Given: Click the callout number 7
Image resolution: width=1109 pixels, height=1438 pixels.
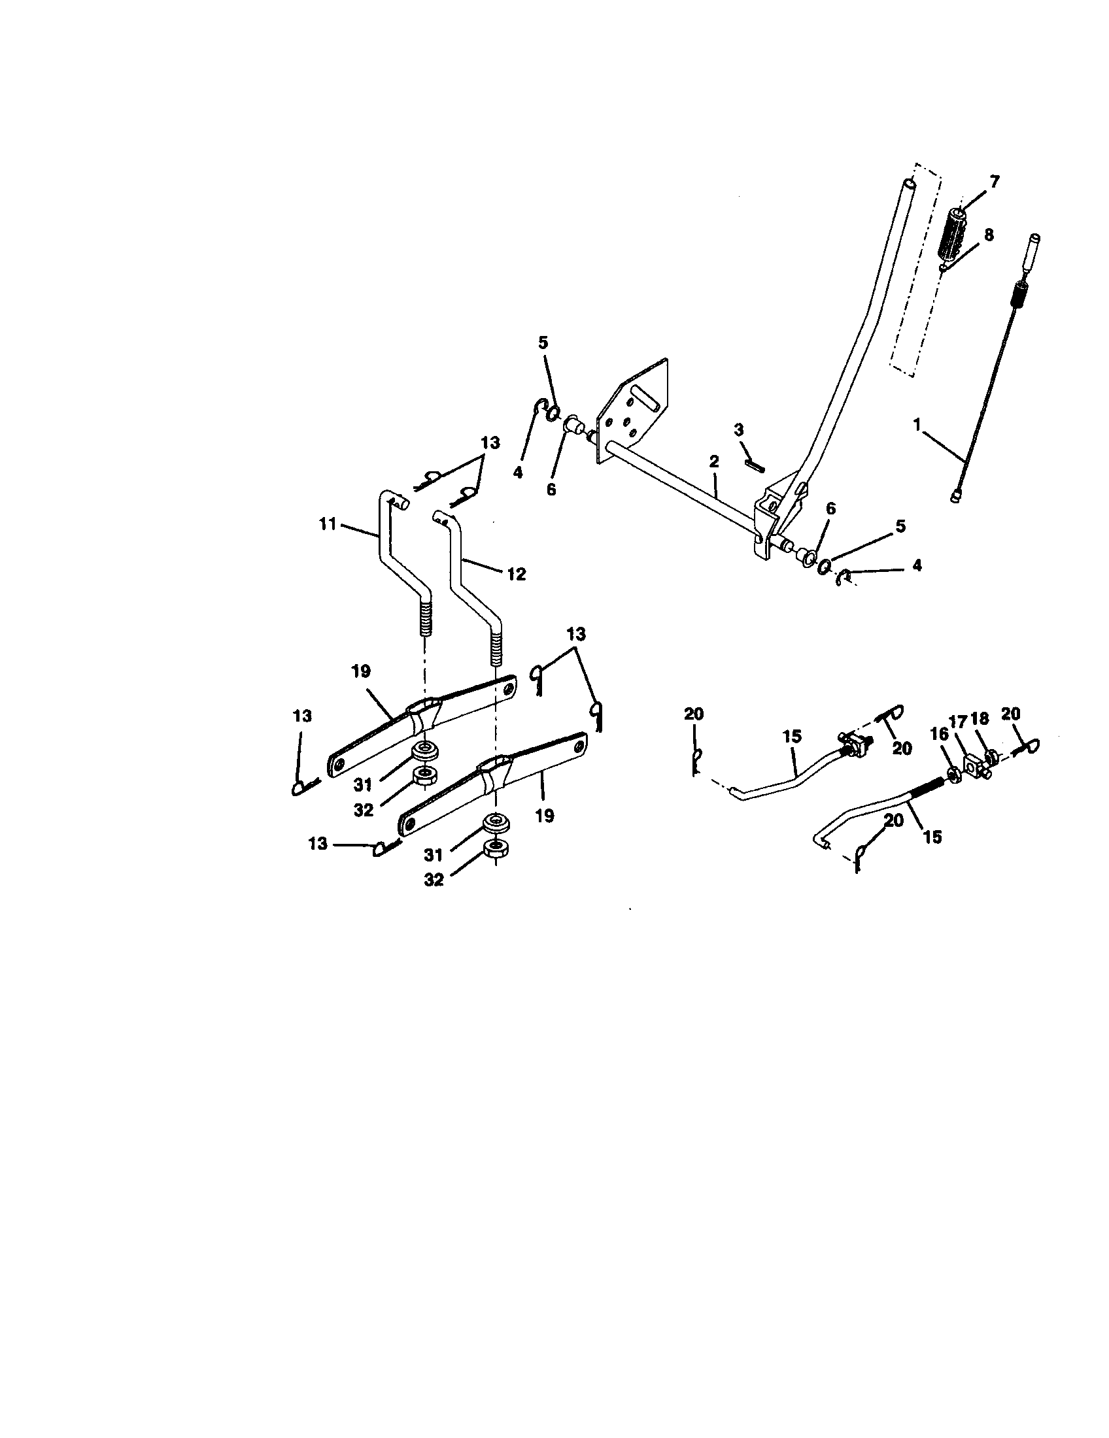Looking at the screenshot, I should tap(994, 182).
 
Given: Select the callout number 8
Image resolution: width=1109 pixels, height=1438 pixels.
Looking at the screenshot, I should tap(989, 235).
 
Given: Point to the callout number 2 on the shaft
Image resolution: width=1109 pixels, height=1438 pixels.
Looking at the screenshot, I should tap(714, 461).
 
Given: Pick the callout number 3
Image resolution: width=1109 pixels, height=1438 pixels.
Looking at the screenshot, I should tap(738, 430).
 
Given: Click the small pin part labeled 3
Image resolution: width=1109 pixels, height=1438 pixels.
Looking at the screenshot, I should tap(755, 464).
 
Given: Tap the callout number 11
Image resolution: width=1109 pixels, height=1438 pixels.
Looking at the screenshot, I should tap(328, 524).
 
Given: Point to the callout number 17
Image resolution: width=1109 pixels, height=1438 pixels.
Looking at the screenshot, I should tap(957, 722).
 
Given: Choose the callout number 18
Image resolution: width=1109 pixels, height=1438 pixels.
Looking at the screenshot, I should tap(980, 718).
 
